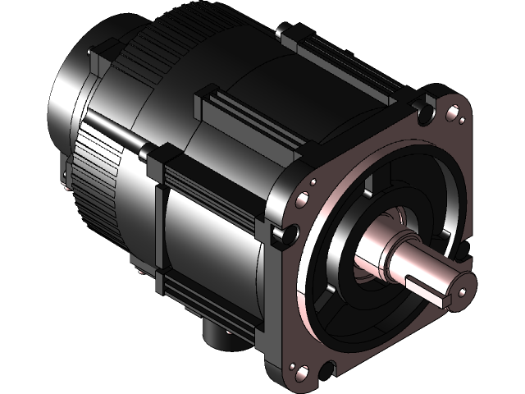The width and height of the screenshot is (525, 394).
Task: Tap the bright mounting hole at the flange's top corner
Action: [x=450, y=114]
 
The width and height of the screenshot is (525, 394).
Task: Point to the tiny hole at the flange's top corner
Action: [x=462, y=121]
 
